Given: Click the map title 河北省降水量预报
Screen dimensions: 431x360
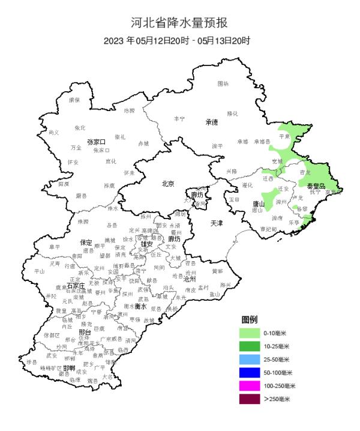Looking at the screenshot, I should tap(179, 23).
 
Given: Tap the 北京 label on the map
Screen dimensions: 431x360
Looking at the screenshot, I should tap(168, 184).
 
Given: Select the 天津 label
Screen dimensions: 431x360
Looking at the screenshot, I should tap(217, 223).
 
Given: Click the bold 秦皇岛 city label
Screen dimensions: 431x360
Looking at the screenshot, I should tap(316, 187).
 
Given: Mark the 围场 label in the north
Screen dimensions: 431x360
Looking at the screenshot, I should tap(223, 83).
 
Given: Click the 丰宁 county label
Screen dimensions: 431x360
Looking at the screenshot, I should tap(179, 119).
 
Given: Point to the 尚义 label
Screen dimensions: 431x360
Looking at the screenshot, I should tap(54, 132).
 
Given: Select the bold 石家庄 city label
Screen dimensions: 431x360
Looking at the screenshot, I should tap(76, 286).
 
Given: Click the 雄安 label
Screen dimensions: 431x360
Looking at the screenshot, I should tap(146, 244).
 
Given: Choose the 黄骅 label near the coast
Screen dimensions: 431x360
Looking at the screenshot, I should tap(217, 271).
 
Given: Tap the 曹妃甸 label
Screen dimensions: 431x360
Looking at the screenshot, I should tap(268, 229).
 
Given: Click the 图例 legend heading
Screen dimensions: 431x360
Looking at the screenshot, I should tap(249, 319).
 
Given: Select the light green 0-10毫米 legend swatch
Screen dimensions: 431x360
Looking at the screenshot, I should tap(250, 333).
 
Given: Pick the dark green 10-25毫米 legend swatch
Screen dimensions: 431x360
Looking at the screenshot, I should tap(250, 346).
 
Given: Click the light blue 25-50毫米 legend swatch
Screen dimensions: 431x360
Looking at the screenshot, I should tap(250, 360).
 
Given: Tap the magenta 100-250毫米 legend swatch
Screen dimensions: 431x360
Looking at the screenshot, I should tap(250, 385).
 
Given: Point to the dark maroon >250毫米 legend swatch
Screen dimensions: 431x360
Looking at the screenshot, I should tap(250, 399).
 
